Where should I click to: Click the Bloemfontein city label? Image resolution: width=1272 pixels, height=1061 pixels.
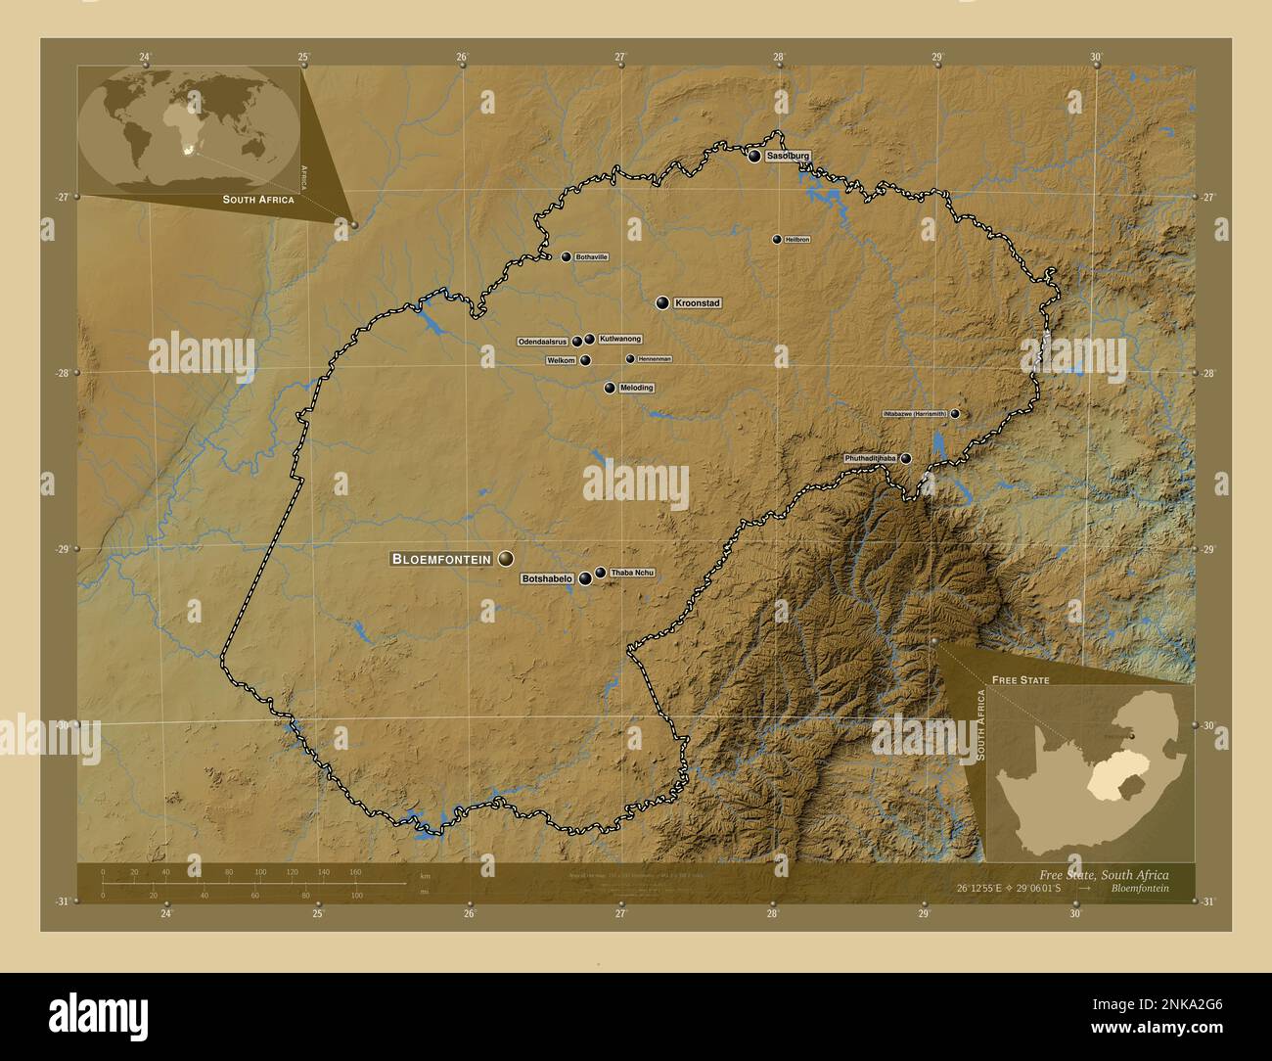click(441, 559)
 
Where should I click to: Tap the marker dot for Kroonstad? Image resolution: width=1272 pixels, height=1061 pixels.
click(663, 303)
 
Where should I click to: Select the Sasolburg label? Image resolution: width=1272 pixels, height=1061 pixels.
click(789, 156)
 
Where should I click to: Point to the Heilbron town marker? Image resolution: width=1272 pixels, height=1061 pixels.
click(777, 239)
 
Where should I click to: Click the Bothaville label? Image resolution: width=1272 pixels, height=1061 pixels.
click(592, 256)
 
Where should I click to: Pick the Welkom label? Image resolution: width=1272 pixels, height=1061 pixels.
click(561, 360)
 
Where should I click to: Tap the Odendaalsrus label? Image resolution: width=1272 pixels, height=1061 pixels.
click(543, 342)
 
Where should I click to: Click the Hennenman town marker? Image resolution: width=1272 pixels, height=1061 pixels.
click(630, 358)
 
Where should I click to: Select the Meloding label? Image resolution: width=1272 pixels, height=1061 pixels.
click(636, 388)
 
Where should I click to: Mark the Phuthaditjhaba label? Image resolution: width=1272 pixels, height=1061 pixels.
click(871, 458)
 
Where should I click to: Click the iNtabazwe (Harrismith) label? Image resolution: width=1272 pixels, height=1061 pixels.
click(915, 413)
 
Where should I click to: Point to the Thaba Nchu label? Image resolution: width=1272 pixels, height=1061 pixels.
click(631, 572)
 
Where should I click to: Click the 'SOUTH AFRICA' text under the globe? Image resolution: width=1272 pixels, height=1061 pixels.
click(258, 199)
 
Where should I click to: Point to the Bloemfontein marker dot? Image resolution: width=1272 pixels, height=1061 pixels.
click(506, 558)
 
